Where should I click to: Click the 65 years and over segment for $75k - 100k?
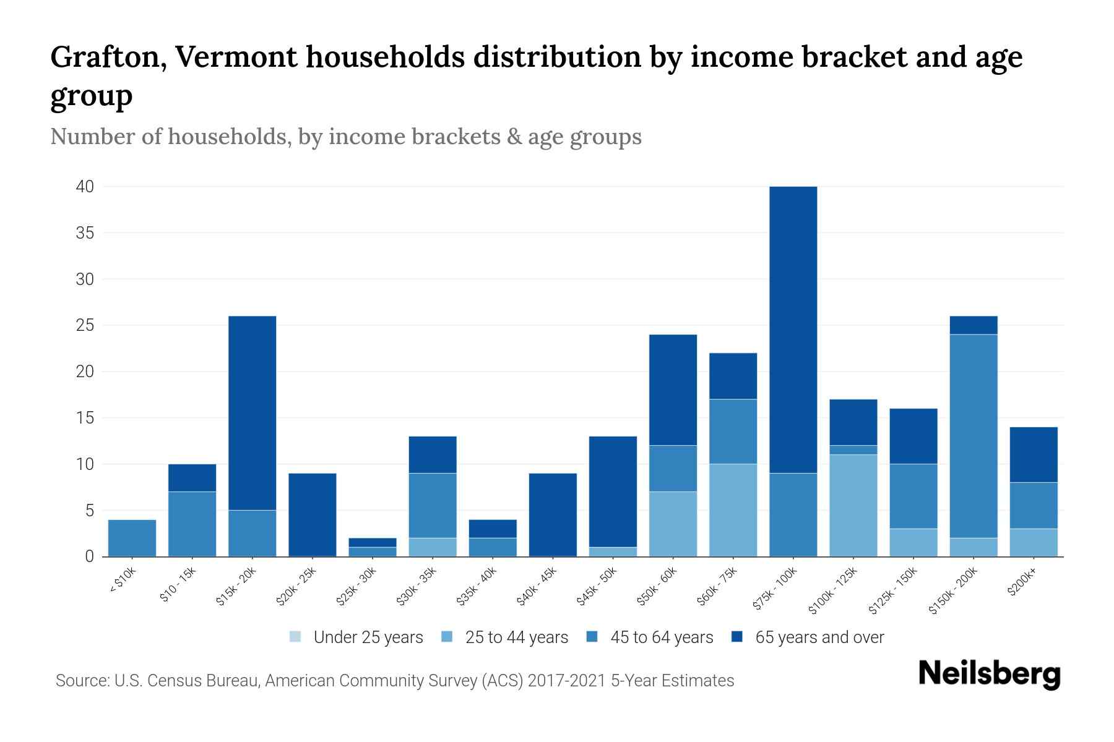793,330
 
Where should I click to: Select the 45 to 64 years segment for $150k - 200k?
974,436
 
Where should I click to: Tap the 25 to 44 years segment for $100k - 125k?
853,505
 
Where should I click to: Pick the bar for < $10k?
132,538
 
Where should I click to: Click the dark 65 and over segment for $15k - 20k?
252,413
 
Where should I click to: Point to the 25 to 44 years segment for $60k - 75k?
733,510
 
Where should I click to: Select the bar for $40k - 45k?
553,514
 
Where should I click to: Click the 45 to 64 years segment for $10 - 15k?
192,524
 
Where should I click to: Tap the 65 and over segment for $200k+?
1034,454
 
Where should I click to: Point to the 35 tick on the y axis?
85,233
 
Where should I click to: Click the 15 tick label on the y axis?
85,418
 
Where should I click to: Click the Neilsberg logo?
989,674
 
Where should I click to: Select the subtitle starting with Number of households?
345,137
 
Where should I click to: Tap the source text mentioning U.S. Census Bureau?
394,681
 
